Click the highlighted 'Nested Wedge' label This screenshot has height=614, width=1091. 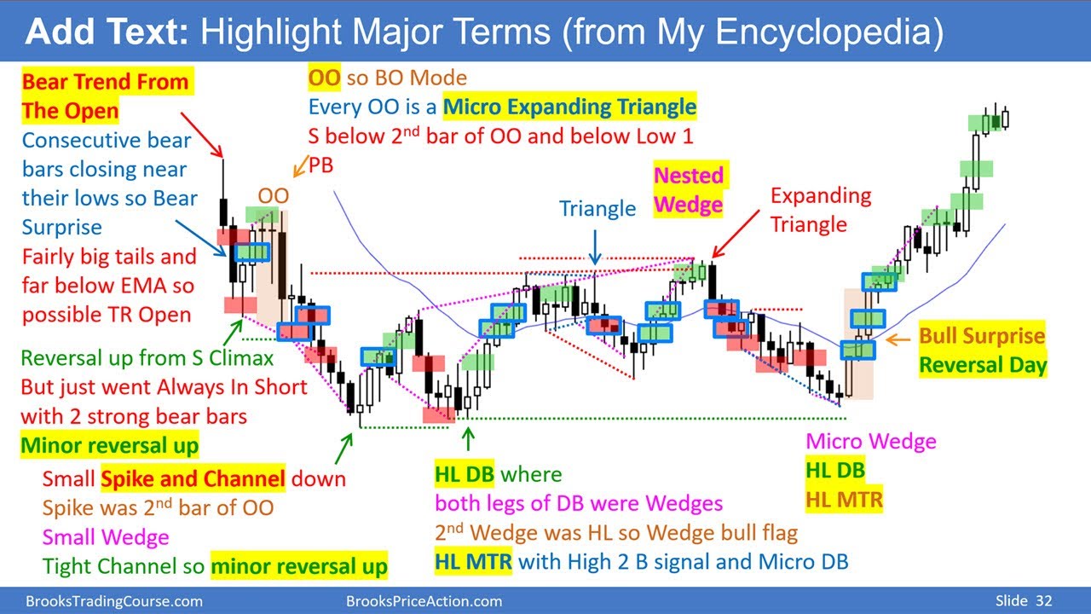pos(689,190)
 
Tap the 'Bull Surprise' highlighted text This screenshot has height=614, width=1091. pos(981,335)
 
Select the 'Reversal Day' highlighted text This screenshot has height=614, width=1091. pos(983,365)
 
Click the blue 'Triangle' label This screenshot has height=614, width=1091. pos(597,209)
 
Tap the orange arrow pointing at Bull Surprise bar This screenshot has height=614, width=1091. pos(898,340)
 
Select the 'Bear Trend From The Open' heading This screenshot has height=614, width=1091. pos(105,96)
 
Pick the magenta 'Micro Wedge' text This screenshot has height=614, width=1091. pos(870,441)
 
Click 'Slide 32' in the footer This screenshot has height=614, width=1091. pos(1023,601)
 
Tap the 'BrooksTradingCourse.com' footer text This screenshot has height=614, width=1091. pos(114,601)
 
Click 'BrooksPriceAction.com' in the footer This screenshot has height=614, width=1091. pos(424,601)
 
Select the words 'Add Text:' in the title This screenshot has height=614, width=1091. pos(107,32)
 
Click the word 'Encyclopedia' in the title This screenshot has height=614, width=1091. pos(828,32)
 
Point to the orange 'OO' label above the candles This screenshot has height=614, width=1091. pos(273,196)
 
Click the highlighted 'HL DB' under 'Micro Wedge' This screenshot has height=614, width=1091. pos(835,470)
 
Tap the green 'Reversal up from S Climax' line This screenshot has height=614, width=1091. pos(147,358)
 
